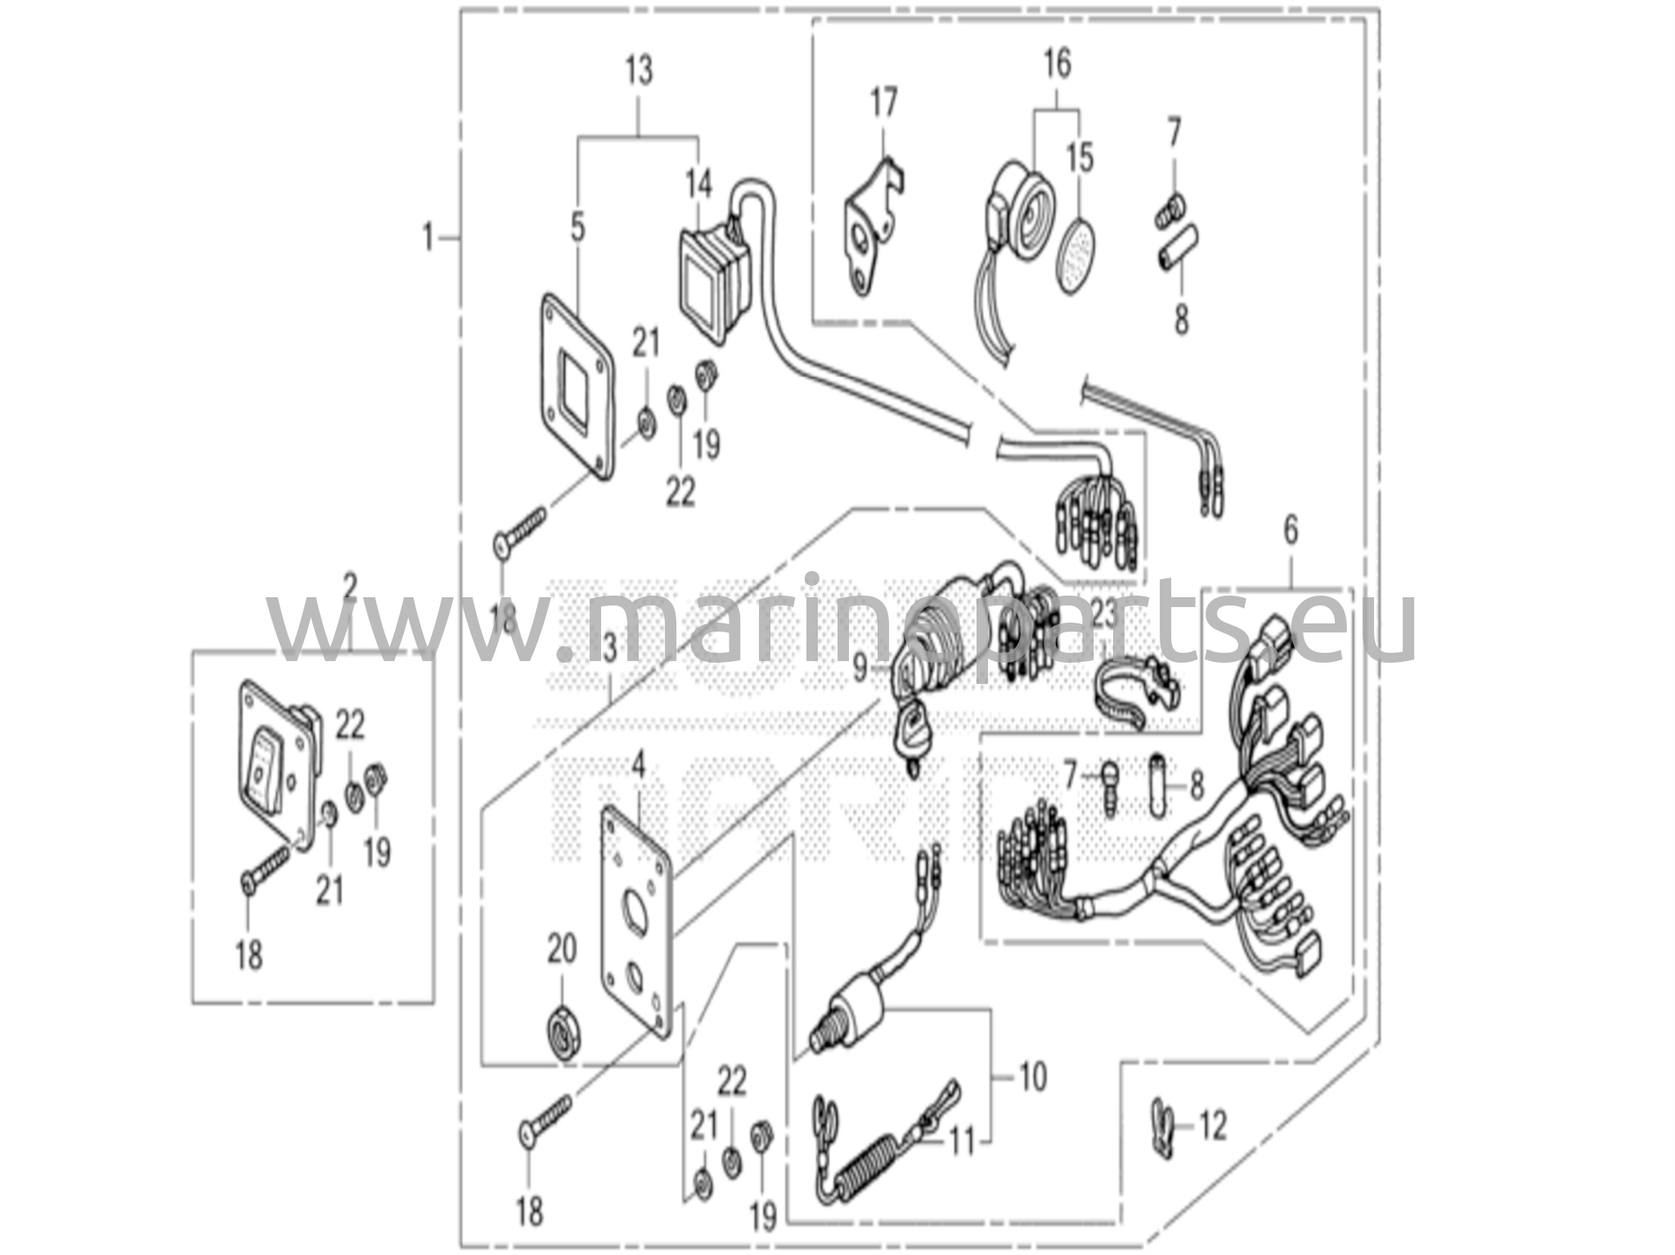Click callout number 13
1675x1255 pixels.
639,71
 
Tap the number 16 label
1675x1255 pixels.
1057,64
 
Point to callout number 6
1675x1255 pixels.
1290,531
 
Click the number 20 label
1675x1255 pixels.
562,949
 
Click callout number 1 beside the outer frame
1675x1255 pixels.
428,239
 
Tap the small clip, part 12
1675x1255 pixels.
1161,1128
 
